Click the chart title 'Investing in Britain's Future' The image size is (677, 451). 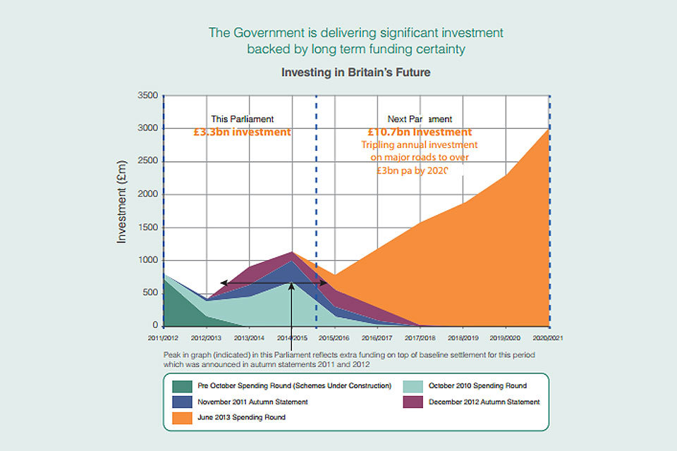coord(355,73)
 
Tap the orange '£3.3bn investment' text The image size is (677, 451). coord(242,132)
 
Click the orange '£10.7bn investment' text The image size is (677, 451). coord(420,132)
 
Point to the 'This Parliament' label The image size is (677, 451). coord(243,119)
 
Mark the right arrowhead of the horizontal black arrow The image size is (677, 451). coord(324,283)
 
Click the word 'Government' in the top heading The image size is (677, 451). coord(264,32)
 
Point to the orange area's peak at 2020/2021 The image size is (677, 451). coord(548,130)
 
